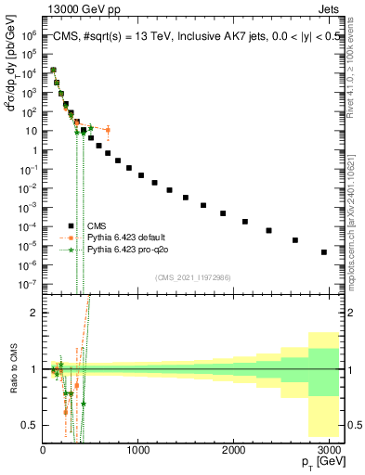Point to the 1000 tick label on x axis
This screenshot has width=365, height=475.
(138, 449)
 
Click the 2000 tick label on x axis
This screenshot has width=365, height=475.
(234, 449)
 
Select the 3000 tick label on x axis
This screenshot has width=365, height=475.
(329, 449)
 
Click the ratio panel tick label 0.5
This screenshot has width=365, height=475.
(30, 425)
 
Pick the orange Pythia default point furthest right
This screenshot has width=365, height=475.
(108, 130)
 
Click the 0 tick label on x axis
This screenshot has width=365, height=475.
(43, 449)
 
